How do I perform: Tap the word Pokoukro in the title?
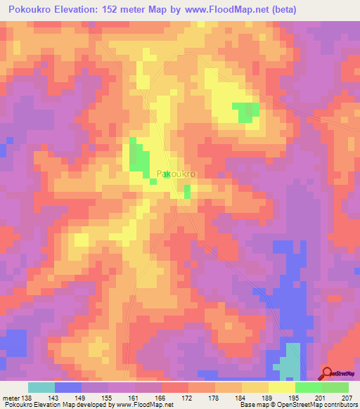(33, 9)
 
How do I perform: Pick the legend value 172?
(188, 398)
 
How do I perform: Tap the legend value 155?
(108, 398)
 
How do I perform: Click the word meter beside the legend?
(11, 398)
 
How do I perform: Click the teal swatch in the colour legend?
(41, 387)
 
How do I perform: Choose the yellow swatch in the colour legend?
(282, 387)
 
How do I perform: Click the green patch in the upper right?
(246, 110)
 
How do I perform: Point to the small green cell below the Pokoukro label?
(187, 191)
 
